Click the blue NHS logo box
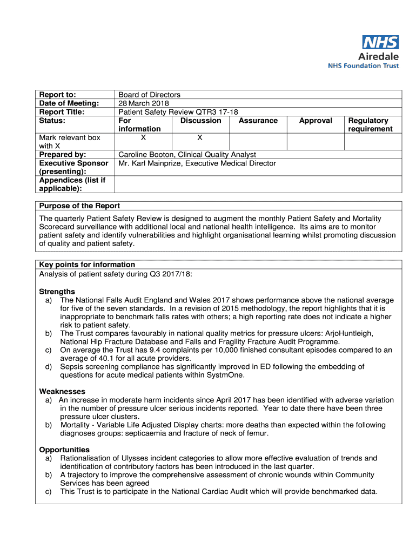click(380, 42)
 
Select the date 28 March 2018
click(144, 103)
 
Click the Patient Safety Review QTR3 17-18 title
click(178, 112)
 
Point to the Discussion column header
click(200, 121)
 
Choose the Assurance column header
click(258, 121)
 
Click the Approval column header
click(316, 121)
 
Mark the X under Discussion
click(200, 137)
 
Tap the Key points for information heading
click(87, 265)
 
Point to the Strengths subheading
click(57, 292)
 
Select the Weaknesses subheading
click(62, 391)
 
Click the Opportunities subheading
click(64, 450)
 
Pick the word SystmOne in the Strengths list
click(229, 374)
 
